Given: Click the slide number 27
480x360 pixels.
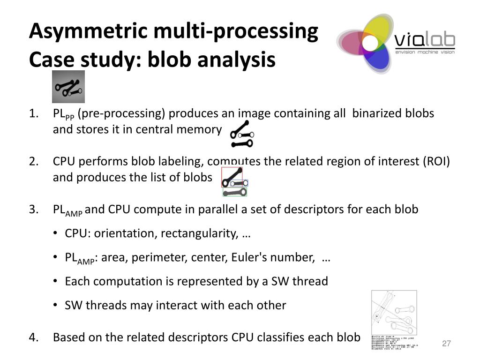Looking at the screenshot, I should tap(446, 344).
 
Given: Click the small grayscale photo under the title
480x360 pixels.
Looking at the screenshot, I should tap(68, 87).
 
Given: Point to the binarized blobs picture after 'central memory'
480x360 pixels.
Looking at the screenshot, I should tap(241, 134).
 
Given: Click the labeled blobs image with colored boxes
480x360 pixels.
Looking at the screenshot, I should tap(234, 182).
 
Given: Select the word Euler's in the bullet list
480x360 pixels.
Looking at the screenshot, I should tap(251, 257).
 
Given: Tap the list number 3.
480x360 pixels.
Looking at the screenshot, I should tap(33, 209).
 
